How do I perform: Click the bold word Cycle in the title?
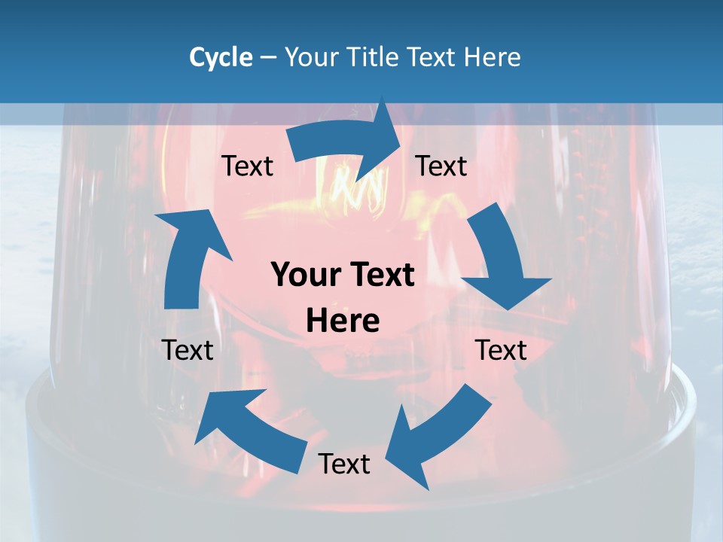(221, 57)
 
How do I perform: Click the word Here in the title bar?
(493, 57)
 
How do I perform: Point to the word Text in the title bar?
(434, 57)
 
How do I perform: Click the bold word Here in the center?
(343, 321)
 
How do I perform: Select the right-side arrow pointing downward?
(501, 260)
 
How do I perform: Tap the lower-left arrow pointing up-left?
(249, 429)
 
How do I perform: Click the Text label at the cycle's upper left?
(247, 166)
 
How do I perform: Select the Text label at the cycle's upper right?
(441, 166)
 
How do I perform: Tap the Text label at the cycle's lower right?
(501, 350)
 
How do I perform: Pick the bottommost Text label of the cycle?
(344, 464)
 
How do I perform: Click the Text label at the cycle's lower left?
(188, 350)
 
